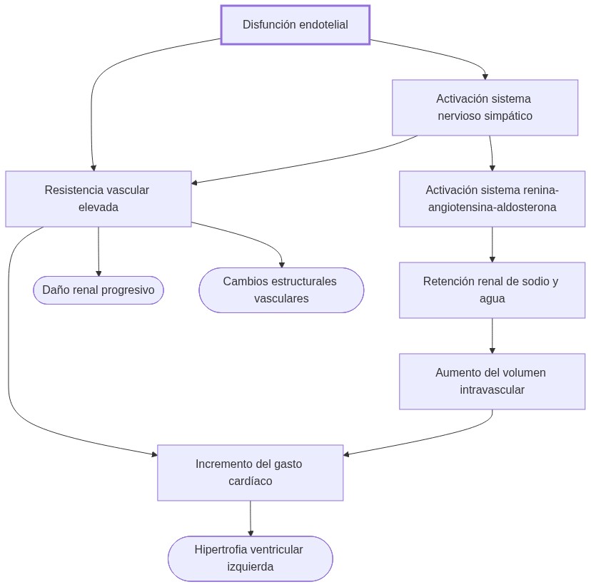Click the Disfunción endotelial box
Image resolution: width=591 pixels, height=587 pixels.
click(295, 25)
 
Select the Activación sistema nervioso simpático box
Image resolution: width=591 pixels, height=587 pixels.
click(485, 107)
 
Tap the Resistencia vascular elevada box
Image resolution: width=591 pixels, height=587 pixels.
click(98, 198)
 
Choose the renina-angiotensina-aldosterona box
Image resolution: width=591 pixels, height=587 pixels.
click(492, 198)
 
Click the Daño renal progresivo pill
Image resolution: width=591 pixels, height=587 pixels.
click(98, 290)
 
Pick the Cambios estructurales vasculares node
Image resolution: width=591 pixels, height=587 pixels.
click(281, 290)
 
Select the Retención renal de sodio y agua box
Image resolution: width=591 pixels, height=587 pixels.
click(492, 290)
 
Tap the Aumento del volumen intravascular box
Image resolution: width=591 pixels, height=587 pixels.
click(492, 381)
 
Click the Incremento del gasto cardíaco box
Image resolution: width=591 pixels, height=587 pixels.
click(250, 472)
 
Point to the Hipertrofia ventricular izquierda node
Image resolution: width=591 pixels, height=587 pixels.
click(250, 558)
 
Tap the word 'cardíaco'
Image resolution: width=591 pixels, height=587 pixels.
click(250, 481)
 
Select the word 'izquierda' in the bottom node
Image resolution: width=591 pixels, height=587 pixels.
click(250, 567)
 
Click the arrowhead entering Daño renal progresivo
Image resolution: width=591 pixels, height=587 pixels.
click(98, 273)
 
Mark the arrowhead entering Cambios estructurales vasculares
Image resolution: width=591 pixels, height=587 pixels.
click(281, 265)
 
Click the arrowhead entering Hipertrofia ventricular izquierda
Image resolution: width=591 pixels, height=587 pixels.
click(251, 533)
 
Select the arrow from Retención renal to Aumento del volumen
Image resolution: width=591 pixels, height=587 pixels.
click(492, 335)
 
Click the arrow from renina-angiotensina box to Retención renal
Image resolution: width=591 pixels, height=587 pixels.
click(492, 244)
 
